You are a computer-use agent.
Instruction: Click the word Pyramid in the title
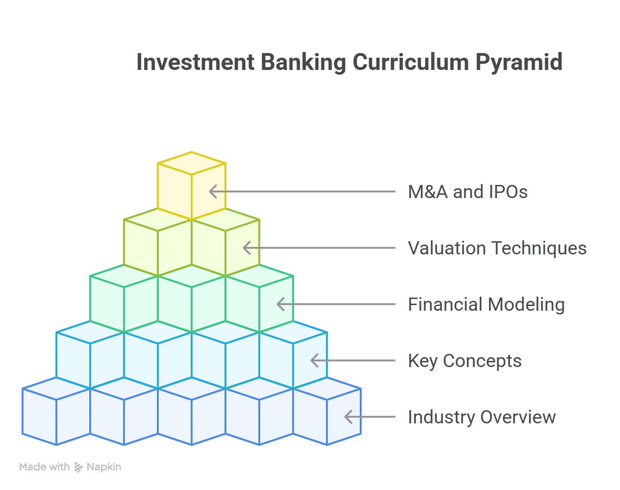point(519,62)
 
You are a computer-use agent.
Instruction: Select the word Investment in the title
point(195,62)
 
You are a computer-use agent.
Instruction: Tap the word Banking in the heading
point(303,62)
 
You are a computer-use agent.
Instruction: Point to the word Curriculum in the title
point(411,62)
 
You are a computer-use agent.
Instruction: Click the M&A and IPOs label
point(468,192)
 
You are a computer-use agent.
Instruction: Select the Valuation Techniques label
point(497,248)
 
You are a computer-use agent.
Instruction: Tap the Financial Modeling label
point(486,305)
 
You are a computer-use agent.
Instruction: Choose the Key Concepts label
point(465,361)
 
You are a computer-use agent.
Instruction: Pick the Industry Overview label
point(482,417)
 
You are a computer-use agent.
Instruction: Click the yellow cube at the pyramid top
point(192,186)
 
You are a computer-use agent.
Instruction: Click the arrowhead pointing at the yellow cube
point(213,191)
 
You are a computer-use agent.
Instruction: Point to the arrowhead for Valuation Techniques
point(247,248)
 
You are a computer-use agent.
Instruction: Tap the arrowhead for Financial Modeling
point(280,304)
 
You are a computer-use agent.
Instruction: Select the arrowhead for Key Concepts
point(314,360)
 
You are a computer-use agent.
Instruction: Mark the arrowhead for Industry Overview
point(349,417)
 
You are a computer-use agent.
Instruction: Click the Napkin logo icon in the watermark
point(78,467)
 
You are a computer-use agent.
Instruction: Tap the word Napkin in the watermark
point(104,467)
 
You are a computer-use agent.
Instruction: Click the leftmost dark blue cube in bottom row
point(56,411)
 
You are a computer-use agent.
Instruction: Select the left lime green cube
point(158,242)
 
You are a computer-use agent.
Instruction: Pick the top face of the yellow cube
point(192,163)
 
